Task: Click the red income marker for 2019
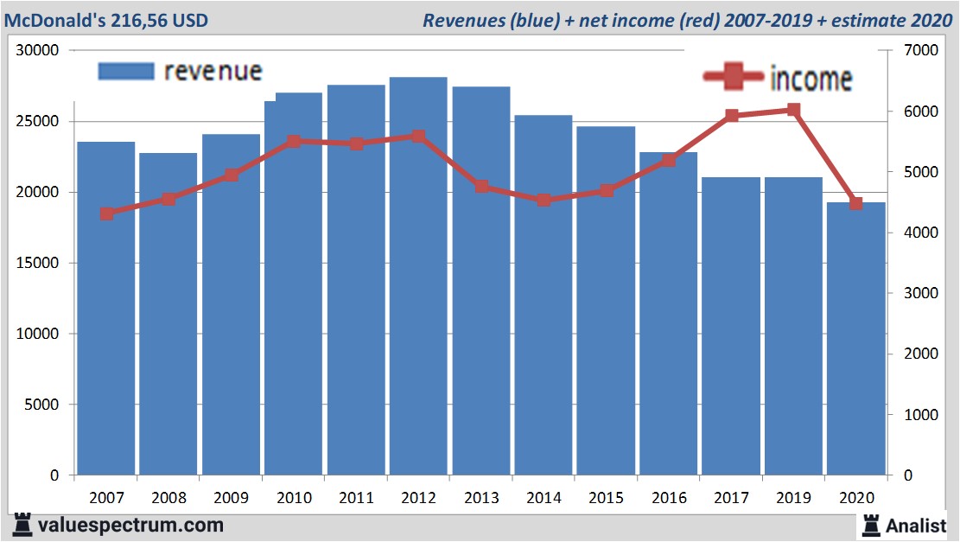click(x=793, y=110)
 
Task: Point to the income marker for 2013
click(x=481, y=186)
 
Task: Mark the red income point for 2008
click(x=168, y=200)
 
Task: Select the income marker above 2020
click(x=856, y=204)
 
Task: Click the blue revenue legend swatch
click(x=126, y=71)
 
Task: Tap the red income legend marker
click(x=733, y=78)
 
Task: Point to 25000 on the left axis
click(x=39, y=121)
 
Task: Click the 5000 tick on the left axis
click(x=42, y=405)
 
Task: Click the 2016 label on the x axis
click(x=669, y=499)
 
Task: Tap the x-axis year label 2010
click(x=294, y=499)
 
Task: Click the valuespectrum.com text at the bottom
click(x=130, y=525)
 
